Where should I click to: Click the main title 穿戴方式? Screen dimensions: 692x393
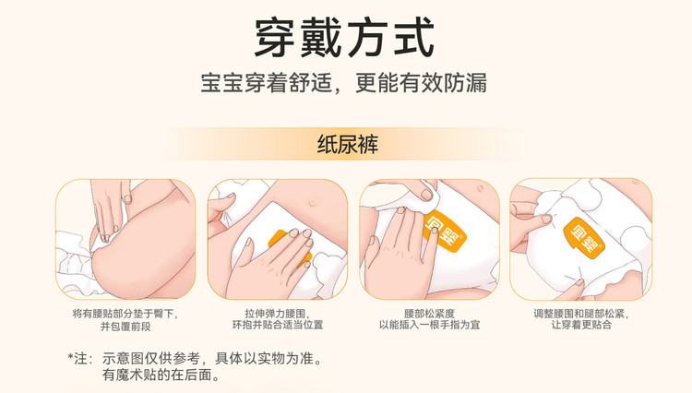(345, 38)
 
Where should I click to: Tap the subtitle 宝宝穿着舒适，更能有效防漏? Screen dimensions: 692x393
(344, 83)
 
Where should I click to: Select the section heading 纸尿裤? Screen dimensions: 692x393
(348, 144)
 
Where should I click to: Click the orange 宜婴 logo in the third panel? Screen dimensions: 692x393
(445, 232)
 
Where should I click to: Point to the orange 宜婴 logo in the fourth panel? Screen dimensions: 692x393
(583, 236)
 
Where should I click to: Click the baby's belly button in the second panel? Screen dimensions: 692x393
(313, 202)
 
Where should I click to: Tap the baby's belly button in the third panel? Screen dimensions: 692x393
(480, 188)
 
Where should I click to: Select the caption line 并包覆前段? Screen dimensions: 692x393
(125, 327)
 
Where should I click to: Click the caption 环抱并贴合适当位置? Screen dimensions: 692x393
(278, 325)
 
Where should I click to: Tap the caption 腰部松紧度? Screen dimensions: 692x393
(429, 314)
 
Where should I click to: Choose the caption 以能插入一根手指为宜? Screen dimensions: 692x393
(429, 325)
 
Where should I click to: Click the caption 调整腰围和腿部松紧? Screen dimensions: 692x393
(581, 314)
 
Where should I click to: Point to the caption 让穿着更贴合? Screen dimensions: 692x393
(581, 325)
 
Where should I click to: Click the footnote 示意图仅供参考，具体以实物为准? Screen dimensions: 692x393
(212, 358)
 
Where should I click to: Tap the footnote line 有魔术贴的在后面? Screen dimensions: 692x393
(161, 375)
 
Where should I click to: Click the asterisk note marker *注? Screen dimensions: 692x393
(80, 358)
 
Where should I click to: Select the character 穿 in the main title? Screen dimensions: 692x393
(275, 38)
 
